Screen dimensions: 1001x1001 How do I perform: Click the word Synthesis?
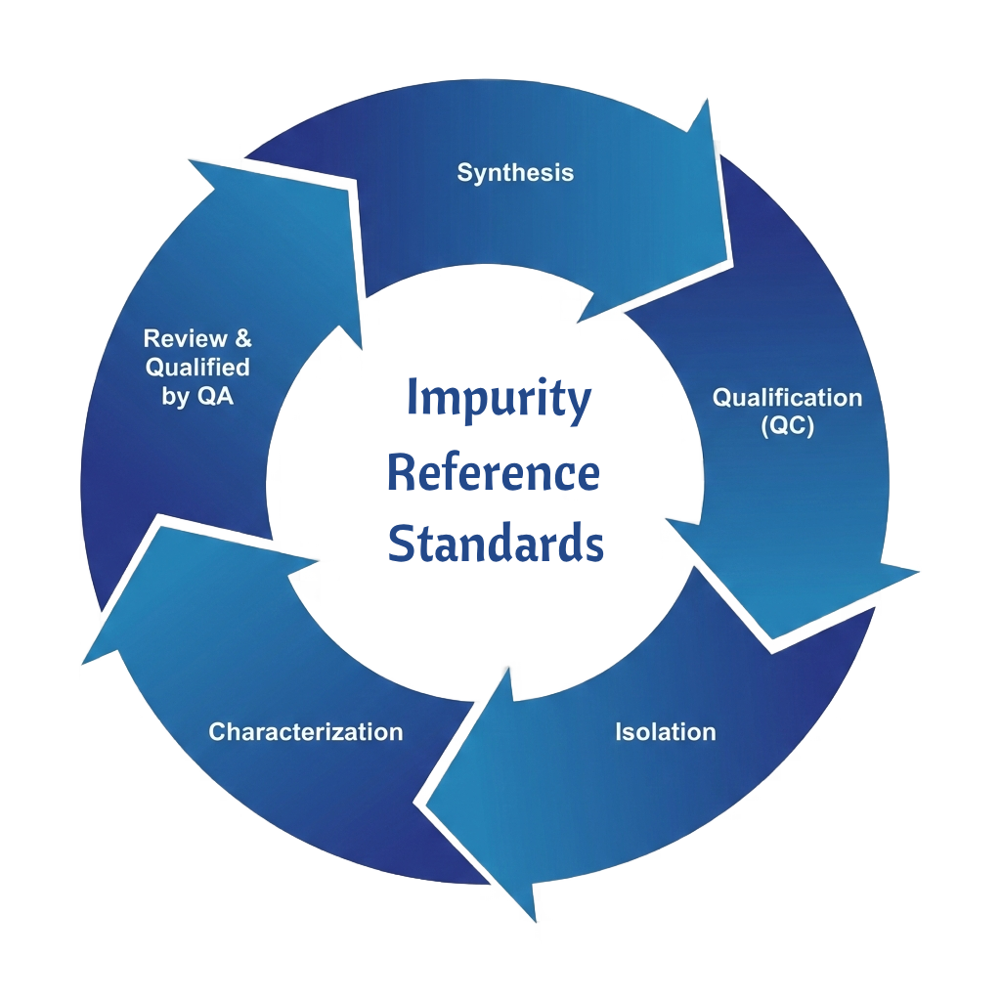(x=515, y=173)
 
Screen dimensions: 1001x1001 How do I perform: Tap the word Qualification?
(x=787, y=398)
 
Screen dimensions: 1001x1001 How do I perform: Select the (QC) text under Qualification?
(x=787, y=427)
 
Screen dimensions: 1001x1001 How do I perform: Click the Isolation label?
(x=665, y=731)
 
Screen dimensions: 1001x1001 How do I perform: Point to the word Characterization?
(x=306, y=731)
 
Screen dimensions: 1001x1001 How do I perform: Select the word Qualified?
(x=197, y=369)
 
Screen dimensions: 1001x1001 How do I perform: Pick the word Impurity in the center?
(x=499, y=399)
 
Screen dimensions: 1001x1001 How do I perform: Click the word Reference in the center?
(x=493, y=473)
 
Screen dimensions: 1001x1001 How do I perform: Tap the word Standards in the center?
(x=496, y=543)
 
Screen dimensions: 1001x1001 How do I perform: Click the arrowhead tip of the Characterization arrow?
(x=84, y=663)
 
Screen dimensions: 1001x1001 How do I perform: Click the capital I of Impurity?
(x=412, y=399)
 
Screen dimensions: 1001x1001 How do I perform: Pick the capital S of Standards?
(x=401, y=543)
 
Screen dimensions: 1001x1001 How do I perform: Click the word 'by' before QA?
(x=175, y=398)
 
